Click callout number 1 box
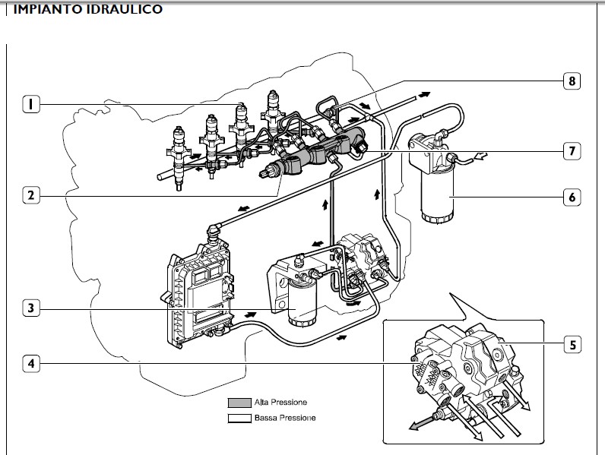[30, 103]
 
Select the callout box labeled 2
[30, 195]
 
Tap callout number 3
[30, 308]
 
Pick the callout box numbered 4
[30, 364]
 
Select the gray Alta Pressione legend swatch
[239, 403]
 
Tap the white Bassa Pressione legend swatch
[239, 418]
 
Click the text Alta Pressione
[281, 403]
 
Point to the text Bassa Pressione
[284, 418]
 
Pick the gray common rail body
[319, 152]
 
